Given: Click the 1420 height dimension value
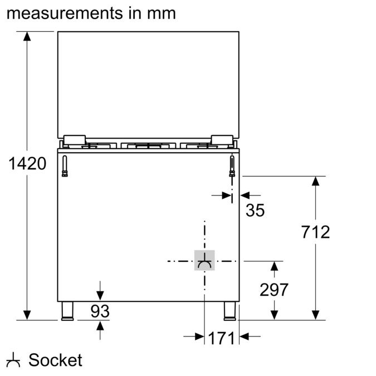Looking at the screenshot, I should coord(27,164).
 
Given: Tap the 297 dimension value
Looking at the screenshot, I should coord(274,290).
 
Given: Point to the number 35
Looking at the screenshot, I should coord(255,210).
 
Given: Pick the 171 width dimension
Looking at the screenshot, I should coord(221,338).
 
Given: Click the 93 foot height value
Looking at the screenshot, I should coord(100,311).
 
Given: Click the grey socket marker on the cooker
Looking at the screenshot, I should coord(204,260).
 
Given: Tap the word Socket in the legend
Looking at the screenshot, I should coord(55,360).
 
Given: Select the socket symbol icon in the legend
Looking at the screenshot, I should coord(14,361).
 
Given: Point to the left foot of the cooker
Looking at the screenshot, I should coord(67,311).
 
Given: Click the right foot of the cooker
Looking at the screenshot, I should coord(229,311).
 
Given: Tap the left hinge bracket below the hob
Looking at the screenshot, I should coord(65,166).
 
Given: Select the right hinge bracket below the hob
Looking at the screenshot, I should coord(232,166).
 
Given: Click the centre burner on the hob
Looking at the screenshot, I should coord(148,147).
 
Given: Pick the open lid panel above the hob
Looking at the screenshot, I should coord(148,84).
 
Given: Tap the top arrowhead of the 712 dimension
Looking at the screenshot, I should coord(316,182).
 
